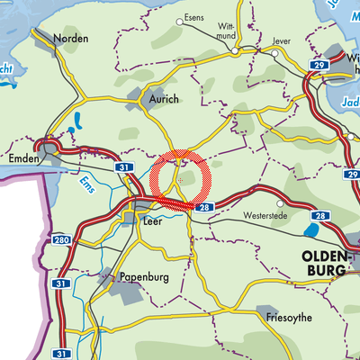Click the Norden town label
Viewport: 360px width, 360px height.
[x=70, y=39]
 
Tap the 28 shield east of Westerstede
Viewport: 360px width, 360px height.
[x=320, y=217]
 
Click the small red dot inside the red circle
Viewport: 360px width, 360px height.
[x=180, y=180]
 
